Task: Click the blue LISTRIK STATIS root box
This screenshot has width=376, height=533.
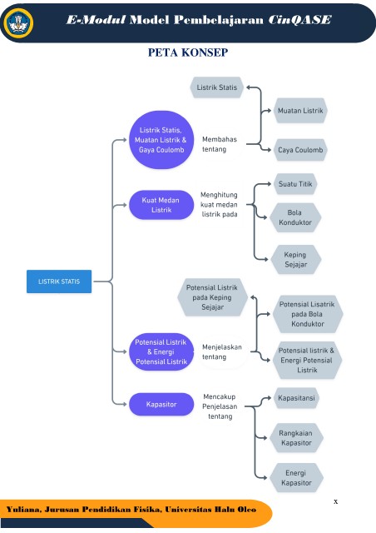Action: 59,281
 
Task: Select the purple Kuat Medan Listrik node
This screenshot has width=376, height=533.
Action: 161,205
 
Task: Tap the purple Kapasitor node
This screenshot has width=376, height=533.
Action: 161,404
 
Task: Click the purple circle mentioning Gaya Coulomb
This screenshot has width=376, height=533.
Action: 161,140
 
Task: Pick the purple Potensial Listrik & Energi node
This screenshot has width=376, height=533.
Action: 161,351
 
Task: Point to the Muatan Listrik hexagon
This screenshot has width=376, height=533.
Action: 300,111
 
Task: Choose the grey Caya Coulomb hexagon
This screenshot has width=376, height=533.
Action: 300,150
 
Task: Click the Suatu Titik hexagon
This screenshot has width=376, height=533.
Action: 295,184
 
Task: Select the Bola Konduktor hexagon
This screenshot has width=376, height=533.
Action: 295,217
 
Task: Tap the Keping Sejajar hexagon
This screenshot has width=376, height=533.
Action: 295,259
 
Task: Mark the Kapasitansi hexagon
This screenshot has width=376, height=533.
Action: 296,398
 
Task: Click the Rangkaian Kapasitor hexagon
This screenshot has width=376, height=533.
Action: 296,438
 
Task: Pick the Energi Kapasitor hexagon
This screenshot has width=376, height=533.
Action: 296,477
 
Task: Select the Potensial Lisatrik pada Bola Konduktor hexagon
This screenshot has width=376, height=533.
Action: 308,314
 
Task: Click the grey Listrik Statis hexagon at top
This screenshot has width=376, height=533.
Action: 217,87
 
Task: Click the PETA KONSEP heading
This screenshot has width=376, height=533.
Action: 188,52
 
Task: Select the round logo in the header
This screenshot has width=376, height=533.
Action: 18,22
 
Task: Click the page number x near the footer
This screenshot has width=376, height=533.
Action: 335,501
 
